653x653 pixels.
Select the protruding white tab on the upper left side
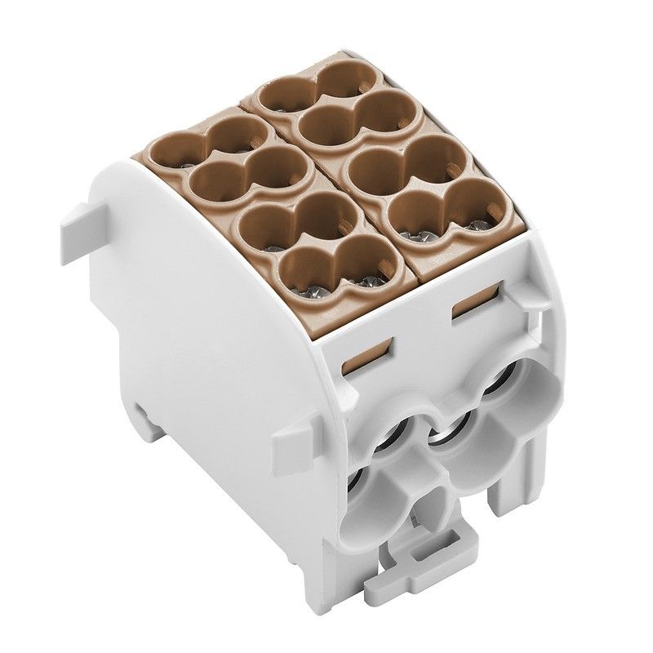[x=78, y=224]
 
